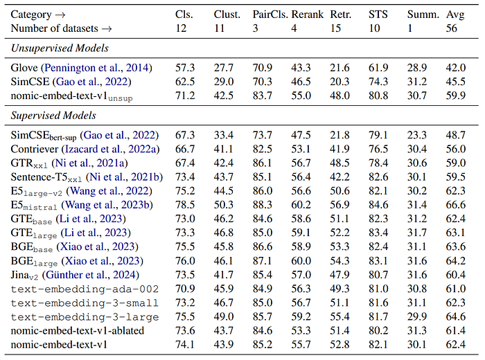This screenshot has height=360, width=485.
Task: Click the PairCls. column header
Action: (x=270, y=15)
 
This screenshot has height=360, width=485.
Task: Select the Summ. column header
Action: (x=423, y=15)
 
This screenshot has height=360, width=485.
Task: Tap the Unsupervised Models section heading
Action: (x=60, y=48)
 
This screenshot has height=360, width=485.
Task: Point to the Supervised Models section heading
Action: (x=53, y=115)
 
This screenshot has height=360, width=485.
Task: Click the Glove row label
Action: (x=24, y=68)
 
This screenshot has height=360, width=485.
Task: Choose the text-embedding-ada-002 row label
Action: (x=85, y=289)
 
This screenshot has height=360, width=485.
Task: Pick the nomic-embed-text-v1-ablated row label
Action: (x=78, y=331)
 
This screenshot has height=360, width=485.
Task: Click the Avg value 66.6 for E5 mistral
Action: (x=456, y=205)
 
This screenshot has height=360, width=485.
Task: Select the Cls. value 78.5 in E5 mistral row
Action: (x=185, y=205)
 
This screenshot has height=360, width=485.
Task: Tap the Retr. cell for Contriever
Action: (x=339, y=149)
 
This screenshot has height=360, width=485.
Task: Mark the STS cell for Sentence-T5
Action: (x=378, y=177)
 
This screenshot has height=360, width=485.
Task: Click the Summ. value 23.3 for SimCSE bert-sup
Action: (x=417, y=135)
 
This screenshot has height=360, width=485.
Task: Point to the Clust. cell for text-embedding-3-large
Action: (x=224, y=317)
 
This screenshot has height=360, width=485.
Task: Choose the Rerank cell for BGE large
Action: (x=301, y=261)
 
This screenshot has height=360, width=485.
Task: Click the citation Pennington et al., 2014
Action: (x=97, y=68)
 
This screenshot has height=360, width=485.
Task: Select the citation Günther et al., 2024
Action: (x=91, y=275)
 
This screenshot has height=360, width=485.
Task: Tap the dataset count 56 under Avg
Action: (x=451, y=28)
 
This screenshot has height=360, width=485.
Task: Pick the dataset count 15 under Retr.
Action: (x=335, y=28)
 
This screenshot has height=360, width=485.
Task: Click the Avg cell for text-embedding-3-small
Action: (x=456, y=303)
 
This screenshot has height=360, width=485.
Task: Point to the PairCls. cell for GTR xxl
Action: (x=263, y=163)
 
